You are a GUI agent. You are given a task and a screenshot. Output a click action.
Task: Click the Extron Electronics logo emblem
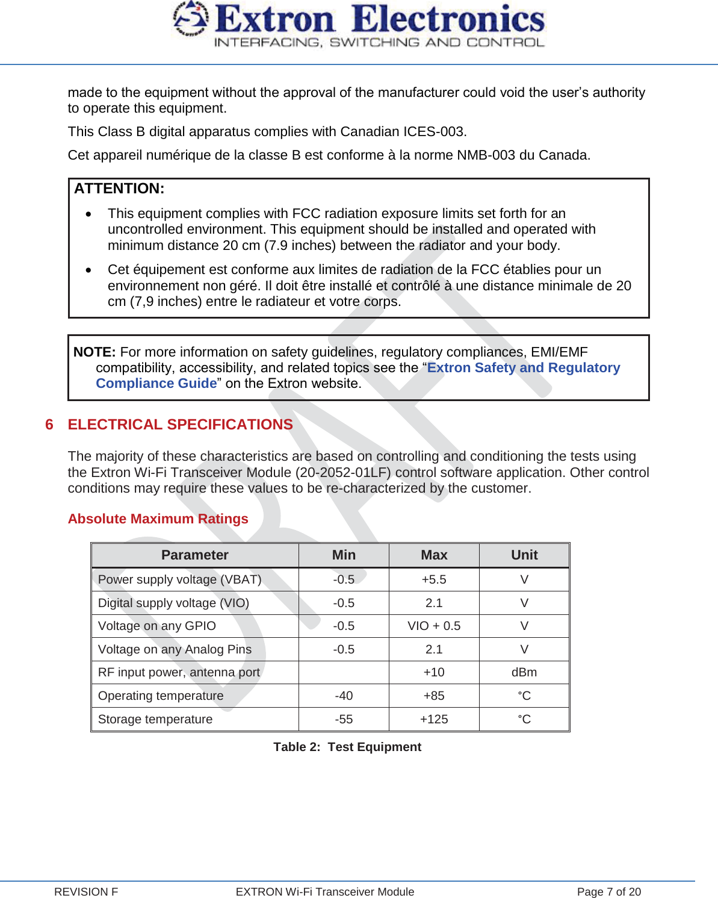pyautogui.click(x=190, y=19)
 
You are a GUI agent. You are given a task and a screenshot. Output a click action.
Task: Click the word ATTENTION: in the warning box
pyautogui.click(x=119, y=189)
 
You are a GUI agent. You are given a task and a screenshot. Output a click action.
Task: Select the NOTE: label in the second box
pyautogui.click(x=94, y=352)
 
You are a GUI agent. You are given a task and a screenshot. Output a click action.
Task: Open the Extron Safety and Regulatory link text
pyautogui.click(x=524, y=367)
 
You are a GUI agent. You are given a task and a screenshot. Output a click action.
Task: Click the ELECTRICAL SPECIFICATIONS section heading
pyautogui.click(x=180, y=425)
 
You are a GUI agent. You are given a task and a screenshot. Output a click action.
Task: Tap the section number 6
pyautogui.click(x=49, y=425)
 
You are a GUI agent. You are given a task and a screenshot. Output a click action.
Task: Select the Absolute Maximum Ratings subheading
pyautogui.click(x=158, y=519)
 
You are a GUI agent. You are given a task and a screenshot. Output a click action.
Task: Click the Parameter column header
pyautogui.click(x=194, y=555)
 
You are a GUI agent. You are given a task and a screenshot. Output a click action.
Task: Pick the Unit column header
pyautogui.click(x=524, y=555)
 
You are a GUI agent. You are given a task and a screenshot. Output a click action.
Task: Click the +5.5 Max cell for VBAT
pyautogui.click(x=434, y=579)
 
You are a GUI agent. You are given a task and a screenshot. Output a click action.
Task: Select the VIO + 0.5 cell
pyautogui.click(x=434, y=626)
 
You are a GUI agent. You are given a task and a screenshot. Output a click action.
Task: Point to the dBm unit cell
pyautogui.click(x=524, y=672)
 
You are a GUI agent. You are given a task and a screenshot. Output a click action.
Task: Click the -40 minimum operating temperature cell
pyautogui.click(x=344, y=696)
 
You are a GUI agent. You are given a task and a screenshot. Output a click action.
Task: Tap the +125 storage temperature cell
pyautogui.click(x=434, y=719)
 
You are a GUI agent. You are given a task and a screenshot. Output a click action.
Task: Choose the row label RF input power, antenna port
pyautogui.click(x=179, y=672)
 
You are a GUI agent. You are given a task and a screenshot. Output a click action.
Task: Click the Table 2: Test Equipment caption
pyautogui.click(x=347, y=747)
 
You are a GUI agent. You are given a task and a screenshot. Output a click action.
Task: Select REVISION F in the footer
pyautogui.click(x=86, y=891)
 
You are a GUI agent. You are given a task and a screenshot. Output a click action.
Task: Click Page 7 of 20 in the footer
pyautogui.click(x=608, y=891)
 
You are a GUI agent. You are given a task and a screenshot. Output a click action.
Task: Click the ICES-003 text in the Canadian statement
pyautogui.click(x=433, y=131)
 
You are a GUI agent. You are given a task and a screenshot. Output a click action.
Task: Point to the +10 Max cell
pyautogui.click(x=434, y=672)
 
